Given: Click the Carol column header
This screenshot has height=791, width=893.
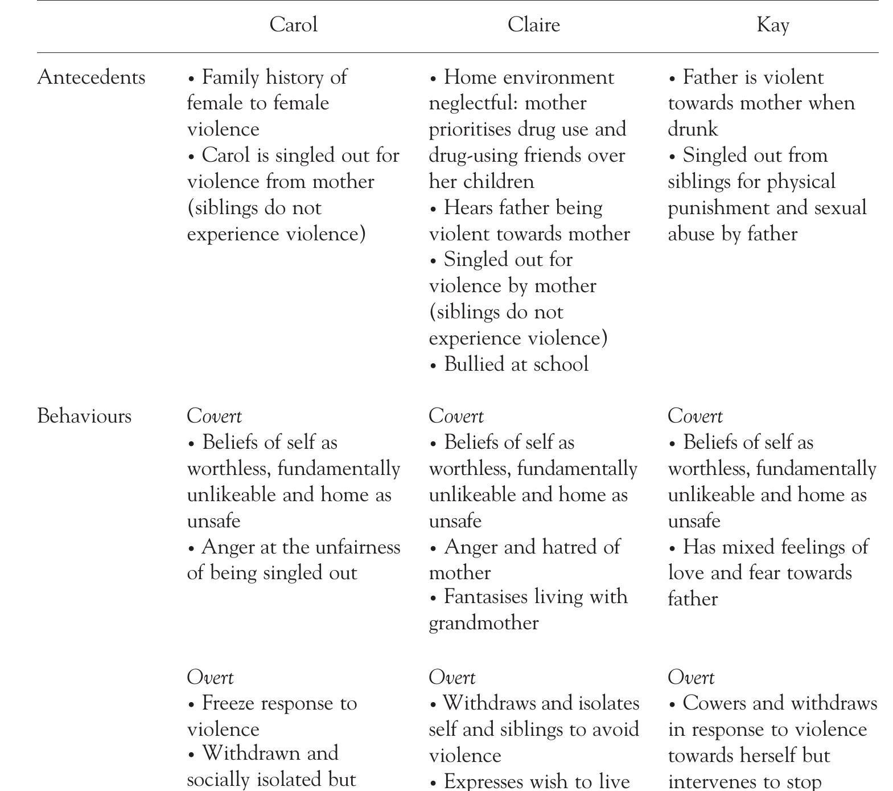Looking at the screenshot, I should click(x=293, y=25).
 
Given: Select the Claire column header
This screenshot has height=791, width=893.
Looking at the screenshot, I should click(x=533, y=25).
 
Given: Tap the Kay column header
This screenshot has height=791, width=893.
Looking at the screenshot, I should click(x=772, y=25).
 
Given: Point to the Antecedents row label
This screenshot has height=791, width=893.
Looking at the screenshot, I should click(x=91, y=77).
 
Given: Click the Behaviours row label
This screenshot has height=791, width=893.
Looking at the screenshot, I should click(x=84, y=416).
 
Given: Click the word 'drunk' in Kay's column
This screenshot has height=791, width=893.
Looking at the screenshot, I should click(x=693, y=129).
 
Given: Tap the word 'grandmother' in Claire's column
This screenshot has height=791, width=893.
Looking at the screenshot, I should click(x=483, y=622).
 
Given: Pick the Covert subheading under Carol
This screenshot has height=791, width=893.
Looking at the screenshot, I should click(x=214, y=416).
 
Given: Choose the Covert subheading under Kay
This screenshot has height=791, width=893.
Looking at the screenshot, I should click(x=695, y=416).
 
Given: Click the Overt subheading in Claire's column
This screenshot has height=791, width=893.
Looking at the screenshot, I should click(x=452, y=678).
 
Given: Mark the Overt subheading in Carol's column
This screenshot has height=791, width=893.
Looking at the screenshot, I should click(x=210, y=678).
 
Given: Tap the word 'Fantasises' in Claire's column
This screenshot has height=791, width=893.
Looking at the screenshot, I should click(x=487, y=597).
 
